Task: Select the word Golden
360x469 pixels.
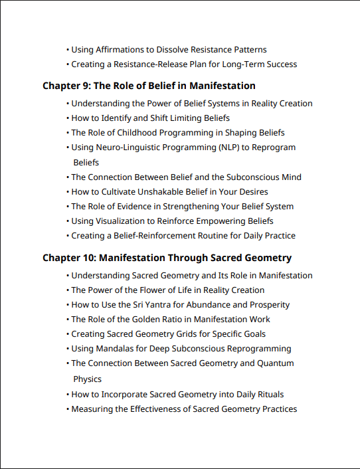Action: tap(147, 320)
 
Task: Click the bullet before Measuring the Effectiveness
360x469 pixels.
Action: tap(68, 409)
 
